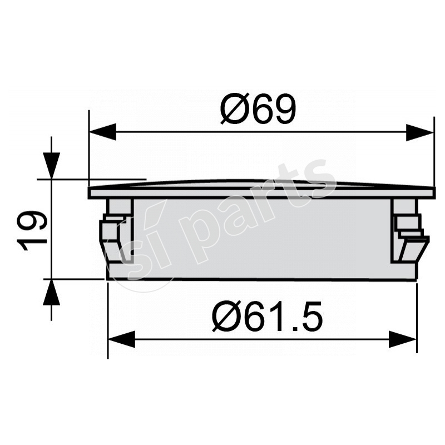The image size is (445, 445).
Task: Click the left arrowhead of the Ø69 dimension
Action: point(102,132)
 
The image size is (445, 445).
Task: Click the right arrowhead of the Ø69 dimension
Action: point(420,132)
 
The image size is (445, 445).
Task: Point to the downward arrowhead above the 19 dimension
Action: point(51,166)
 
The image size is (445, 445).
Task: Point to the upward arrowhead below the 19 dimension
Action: point(51,291)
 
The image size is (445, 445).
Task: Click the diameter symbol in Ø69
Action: point(233,110)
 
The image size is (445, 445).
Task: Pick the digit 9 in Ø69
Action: point(280,110)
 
